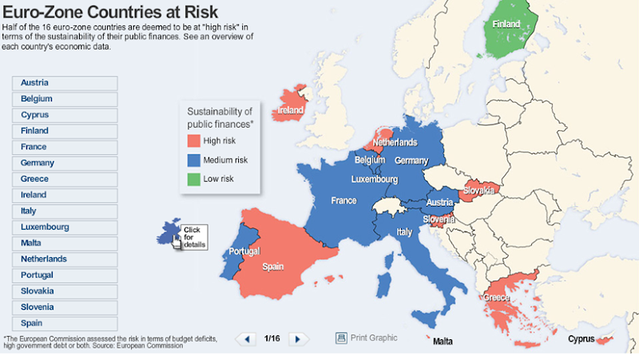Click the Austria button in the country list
(x=65, y=83)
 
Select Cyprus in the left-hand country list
(x=65, y=115)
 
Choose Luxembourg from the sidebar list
(x=65, y=227)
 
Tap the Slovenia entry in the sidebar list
(x=65, y=307)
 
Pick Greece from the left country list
(x=65, y=179)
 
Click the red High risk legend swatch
(x=193, y=140)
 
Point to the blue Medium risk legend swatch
(x=193, y=160)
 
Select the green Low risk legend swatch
(x=193, y=179)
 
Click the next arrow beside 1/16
(x=298, y=339)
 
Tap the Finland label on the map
(x=506, y=24)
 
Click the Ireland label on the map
(x=291, y=110)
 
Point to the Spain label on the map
(x=273, y=266)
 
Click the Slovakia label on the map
(x=478, y=191)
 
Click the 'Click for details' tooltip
(x=192, y=237)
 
